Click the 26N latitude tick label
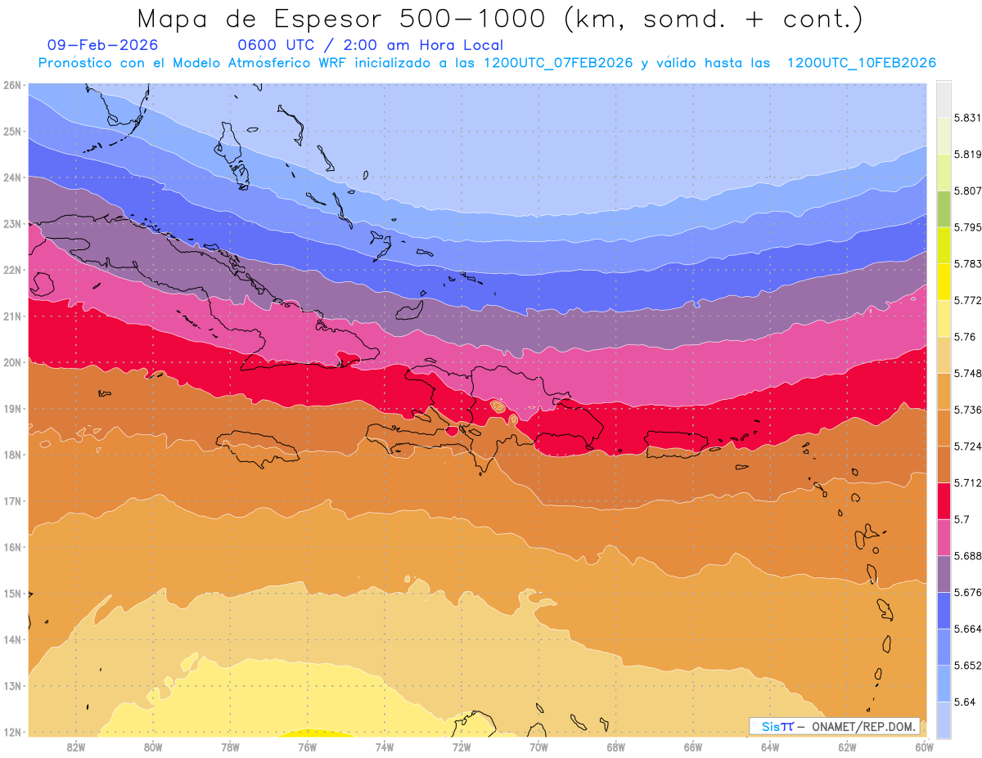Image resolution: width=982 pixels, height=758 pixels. [12, 85]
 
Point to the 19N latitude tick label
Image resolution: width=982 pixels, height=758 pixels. [12, 409]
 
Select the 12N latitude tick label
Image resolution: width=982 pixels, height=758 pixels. [12, 732]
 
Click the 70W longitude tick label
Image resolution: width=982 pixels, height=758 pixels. [538, 747]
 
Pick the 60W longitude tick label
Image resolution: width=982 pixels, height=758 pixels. [925, 747]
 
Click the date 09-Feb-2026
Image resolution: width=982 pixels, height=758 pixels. [103, 46]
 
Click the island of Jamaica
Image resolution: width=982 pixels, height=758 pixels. [258, 448]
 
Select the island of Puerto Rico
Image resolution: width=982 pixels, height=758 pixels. [676, 442]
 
